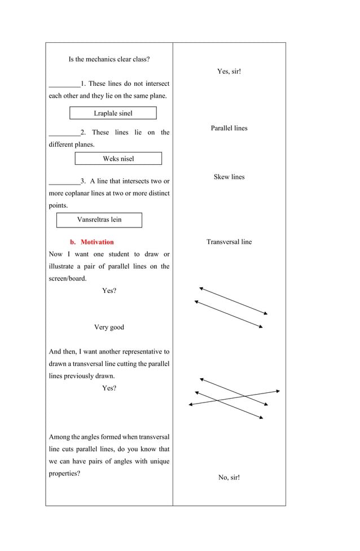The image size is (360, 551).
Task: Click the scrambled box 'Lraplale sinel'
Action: click(x=113, y=113)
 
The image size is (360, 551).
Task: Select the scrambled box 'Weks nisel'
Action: click(x=118, y=159)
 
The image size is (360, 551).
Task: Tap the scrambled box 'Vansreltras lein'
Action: click(x=99, y=220)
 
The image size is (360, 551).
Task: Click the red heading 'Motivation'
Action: click(x=97, y=242)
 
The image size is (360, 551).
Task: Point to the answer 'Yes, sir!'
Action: click(x=229, y=71)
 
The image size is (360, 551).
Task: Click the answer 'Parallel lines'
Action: click(x=229, y=128)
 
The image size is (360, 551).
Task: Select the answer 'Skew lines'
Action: click(x=229, y=177)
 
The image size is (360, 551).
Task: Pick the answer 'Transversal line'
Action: click(x=229, y=242)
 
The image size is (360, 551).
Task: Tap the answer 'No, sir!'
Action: click(x=229, y=478)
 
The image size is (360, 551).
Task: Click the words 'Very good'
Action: click(x=109, y=327)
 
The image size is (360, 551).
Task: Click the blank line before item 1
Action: click(x=64, y=86)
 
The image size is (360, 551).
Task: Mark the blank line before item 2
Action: click(x=64, y=135)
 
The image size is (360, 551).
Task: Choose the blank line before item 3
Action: click(x=64, y=183)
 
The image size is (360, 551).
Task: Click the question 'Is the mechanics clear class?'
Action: click(x=109, y=59)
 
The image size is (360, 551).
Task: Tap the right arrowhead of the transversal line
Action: click(x=278, y=391)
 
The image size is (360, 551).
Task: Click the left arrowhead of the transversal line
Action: click(x=191, y=404)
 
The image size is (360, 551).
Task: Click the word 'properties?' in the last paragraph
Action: click(x=64, y=474)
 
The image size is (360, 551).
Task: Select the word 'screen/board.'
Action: click(x=68, y=279)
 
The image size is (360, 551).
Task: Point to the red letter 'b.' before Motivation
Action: click(x=73, y=242)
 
